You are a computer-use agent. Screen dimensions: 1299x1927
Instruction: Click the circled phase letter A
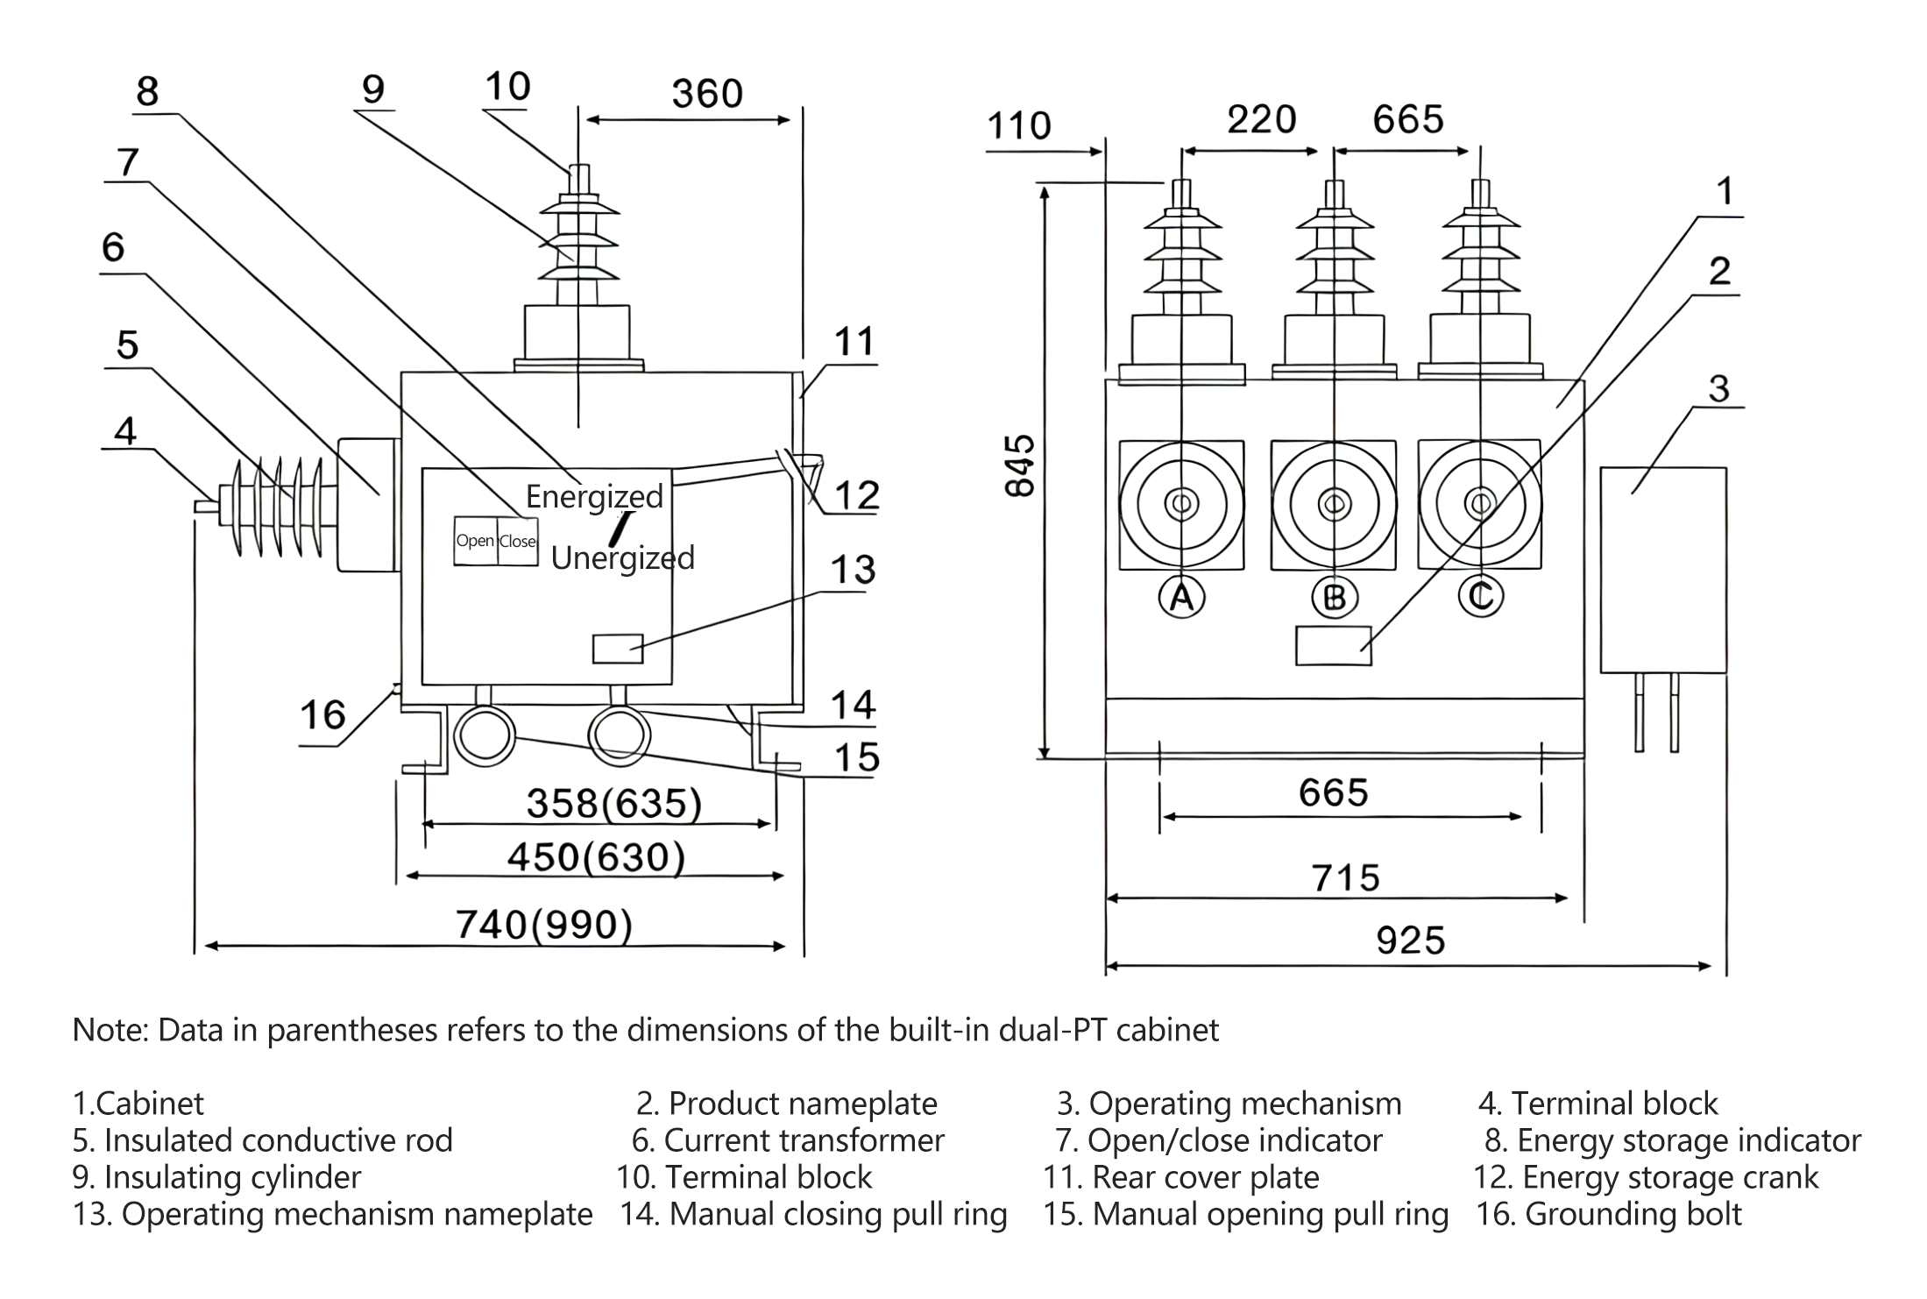[x=1181, y=597]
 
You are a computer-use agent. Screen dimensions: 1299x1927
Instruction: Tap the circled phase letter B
[x=1334, y=597]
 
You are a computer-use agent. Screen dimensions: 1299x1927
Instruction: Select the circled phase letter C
[x=1480, y=596]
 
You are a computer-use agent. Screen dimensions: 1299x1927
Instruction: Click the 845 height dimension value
[x=1020, y=466]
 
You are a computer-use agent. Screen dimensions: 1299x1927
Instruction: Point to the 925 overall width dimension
[x=1410, y=941]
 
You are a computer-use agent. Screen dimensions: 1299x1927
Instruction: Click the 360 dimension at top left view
[x=707, y=94]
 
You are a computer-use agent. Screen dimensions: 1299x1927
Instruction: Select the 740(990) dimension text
[x=543, y=925]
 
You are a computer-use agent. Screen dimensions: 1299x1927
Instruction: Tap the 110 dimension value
[x=1018, y=126]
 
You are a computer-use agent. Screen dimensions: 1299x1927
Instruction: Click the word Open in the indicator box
[x=475, y=541]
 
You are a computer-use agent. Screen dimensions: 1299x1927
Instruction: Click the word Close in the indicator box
[x=518, y=541]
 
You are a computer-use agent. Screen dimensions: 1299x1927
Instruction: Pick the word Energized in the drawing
[x=594, y=497]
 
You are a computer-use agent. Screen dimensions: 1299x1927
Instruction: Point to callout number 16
[x=322, y=715]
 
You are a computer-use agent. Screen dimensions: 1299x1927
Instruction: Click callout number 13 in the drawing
[x=853, y=570]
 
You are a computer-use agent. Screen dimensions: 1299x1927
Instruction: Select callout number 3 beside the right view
[x=1718, y=388]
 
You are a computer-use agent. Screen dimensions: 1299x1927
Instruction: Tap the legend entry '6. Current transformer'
[x=787, y=1140]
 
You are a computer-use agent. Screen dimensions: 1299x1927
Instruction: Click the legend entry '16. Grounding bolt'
[x=1608, y=1214]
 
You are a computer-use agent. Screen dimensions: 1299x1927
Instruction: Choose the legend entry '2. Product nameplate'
[x=786, y=1104]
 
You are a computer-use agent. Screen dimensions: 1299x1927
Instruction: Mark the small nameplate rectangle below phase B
[x=1333, y=645]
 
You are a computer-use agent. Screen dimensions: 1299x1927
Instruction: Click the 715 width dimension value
[x=1345, y=877]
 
